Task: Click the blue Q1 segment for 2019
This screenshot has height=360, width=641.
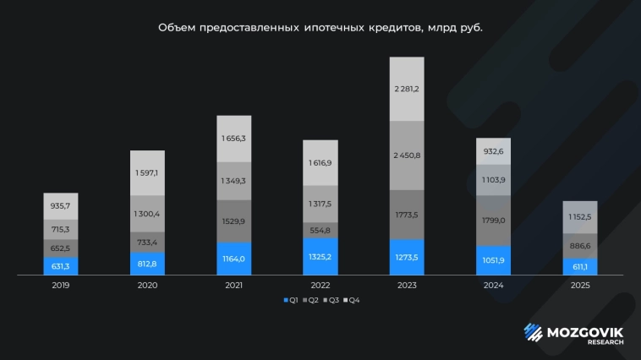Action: click(61, 266)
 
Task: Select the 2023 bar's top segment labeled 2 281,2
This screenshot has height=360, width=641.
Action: click(407, 89)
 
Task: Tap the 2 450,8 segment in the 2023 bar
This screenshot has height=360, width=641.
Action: click(407, 155)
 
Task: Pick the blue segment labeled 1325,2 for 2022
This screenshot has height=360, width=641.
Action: click(320, 256)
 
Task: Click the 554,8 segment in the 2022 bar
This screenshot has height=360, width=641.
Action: click(320, 231)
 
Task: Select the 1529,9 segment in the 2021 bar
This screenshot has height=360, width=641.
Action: click(234, 221)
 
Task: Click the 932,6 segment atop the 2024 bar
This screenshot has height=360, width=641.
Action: click(494, 151)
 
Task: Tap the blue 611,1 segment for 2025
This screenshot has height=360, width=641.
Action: click(580, 266)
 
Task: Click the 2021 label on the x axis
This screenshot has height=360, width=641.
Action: click(234, 286)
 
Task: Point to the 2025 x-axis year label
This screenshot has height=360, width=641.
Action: click(580, 286)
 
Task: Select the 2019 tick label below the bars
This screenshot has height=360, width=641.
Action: click(61, 286)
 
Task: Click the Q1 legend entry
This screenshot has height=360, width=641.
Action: click(289, 300)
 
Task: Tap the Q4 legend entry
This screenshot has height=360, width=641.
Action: click(353, 300)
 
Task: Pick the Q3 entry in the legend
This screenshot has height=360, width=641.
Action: click(331, 300)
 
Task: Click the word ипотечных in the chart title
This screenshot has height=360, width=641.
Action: click(331, 28)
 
